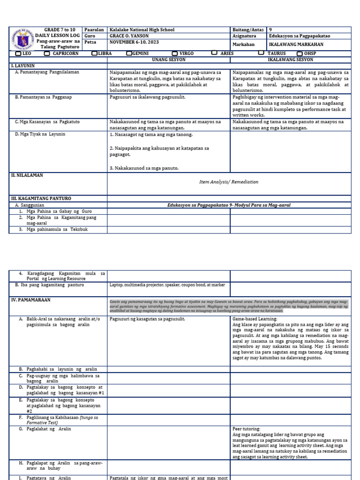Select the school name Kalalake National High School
pos(141,30)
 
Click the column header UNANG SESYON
pos(169,60)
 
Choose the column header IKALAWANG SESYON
pos(291,60)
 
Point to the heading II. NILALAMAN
pos(27,175)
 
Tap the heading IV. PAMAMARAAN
pos(30,300)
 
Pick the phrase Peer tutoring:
pos(247,429)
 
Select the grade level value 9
pos(270,30)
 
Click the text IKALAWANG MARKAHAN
pos(294,45)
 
